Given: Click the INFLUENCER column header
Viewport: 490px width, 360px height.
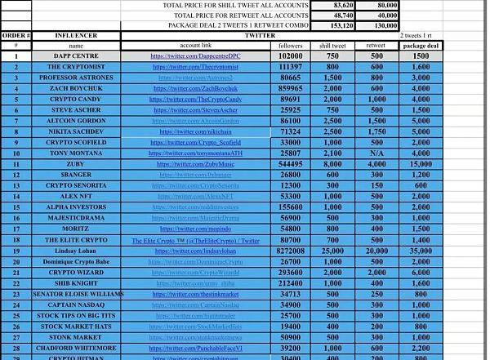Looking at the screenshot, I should pyautogui.click(x=76, y=36).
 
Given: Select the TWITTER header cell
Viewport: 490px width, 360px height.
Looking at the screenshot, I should pyautogui.click(x=260, y=36).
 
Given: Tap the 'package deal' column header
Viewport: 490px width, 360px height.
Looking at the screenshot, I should pyautogui.click(x=421, y=46).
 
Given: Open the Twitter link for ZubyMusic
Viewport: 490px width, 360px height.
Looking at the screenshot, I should pyautogui.click(x=195, y=164).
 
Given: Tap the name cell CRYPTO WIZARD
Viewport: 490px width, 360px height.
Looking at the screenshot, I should pyautogui.click(x=76, y=273).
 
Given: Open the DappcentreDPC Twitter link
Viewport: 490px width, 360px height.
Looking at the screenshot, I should pyautogui.click(x=195, y=56).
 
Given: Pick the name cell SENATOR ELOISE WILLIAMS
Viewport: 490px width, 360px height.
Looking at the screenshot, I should pyautogui.click(x=78, y=294).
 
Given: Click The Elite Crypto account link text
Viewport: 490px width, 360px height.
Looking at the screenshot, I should pyautogui.click(x=195, y=241).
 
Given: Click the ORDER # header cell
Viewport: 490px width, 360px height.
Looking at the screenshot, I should pyautogui.click(x=16, y=36).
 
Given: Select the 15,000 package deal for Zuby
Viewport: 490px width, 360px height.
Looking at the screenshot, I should pyautogui.click(x=421, y=164).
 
